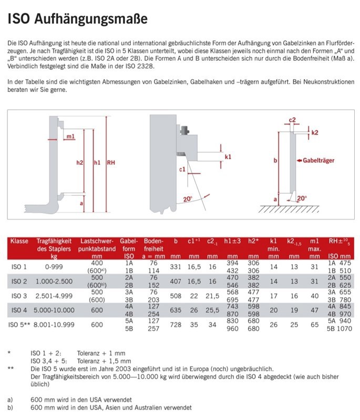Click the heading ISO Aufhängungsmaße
[77, 19]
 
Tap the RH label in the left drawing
[111, 163]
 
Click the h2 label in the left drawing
[79, 163]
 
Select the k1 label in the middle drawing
[228, 156]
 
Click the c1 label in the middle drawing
[182, 169]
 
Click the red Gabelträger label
[317, 160]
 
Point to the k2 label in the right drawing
[314, 133]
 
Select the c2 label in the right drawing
[293, 120]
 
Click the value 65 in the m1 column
[314, 325]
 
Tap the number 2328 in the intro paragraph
[112, 67]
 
